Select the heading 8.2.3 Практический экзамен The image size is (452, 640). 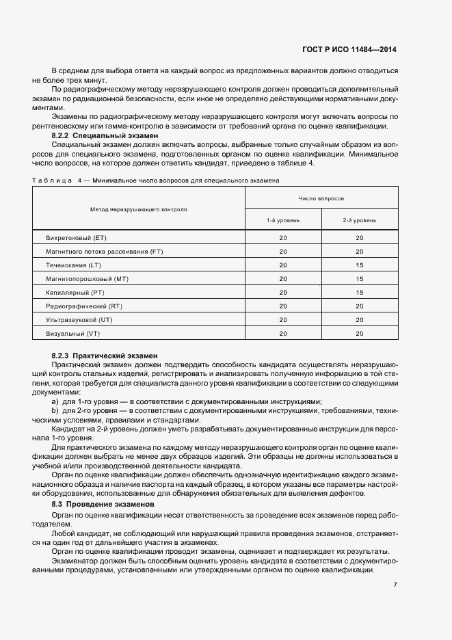(x=105, y=356)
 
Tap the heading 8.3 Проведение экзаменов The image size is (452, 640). (x=103, y=504)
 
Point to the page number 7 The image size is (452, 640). (x=395, y=585)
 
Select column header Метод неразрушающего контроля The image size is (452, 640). (x=139, y=209)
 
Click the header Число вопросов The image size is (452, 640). (x=321, y=198)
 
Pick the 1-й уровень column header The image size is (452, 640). (x=283, y=220)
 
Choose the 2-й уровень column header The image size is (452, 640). (x=360, y=220)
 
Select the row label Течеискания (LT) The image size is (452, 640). (x=73, y=265)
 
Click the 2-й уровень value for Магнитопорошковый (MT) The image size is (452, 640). (x=360, y=279)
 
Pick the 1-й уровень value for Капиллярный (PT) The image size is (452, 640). (x=283, y=293)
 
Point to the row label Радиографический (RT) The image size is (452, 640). (x=83, y=306)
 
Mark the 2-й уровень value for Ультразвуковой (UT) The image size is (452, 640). (x=360, y=319)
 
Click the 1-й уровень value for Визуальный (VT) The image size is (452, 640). (x=283, y=333)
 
